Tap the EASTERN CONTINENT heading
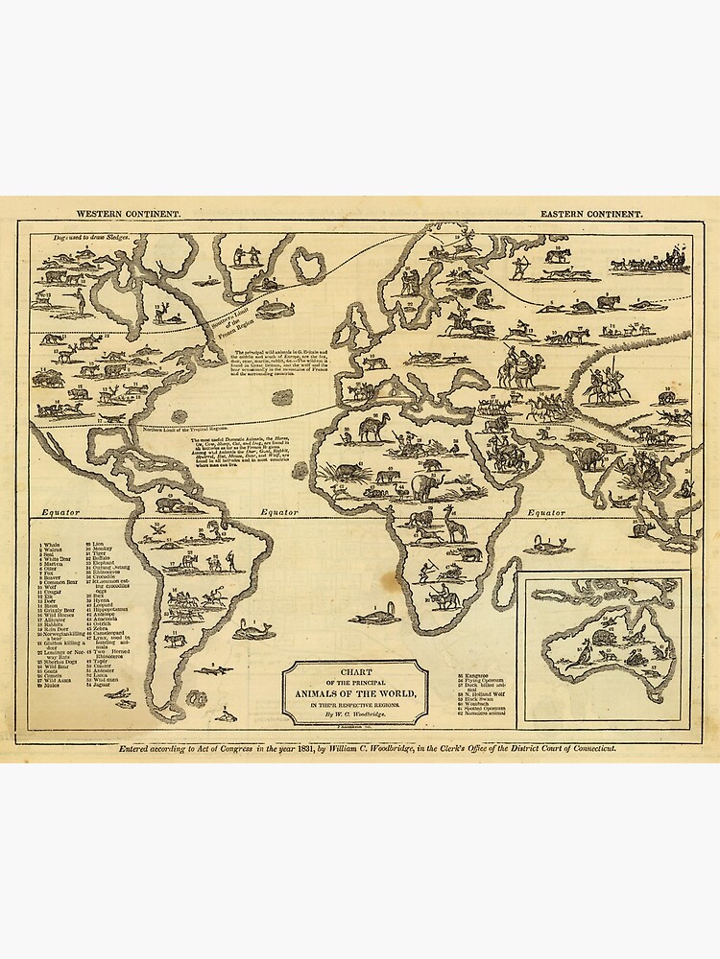pyautogui.click(x=591, y=216)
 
